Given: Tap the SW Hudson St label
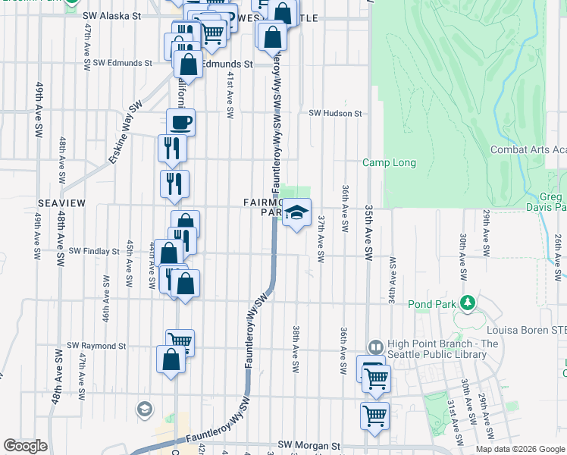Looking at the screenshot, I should (335, 113).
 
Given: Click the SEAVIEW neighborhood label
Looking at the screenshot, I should (61, 204).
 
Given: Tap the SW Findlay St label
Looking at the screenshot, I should (94, 251).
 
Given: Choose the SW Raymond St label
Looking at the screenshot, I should (96, 346).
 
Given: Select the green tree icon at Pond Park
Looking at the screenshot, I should (468, 303).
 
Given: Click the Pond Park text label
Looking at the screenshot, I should (433, 304).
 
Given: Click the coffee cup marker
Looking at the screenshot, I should (181, 121).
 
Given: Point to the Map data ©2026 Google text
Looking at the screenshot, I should (520, 449).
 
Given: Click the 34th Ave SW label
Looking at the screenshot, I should (393, 279).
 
